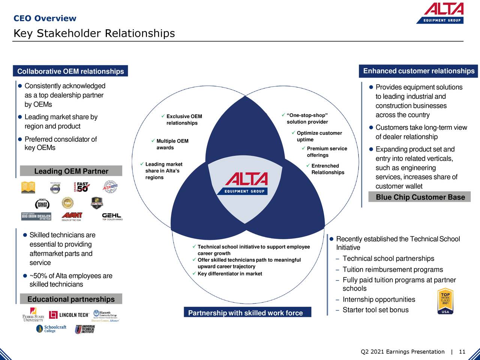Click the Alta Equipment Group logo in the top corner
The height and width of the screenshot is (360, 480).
tap(440, 13)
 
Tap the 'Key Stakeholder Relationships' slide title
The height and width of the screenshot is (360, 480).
tap(94, 33)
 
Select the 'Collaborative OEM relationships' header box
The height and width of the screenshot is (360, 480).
tap(70, 71)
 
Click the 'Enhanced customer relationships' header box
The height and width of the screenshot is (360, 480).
tap(418, 71)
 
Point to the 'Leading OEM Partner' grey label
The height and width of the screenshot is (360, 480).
tap(71, 171)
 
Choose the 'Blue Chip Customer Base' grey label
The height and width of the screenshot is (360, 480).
tap(420, 197)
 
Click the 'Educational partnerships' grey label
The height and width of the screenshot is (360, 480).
tap(71, 299)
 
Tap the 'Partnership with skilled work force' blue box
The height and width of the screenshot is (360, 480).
tap(246, 313)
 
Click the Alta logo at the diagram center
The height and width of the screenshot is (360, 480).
tap(246, 183)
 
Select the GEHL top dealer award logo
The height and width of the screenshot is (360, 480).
tap(112, 217)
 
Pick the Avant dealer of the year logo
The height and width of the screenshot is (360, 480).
tap(72, 217)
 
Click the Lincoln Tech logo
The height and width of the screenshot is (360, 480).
tap(69, 315)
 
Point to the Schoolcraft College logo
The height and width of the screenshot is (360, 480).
tap(51, 329)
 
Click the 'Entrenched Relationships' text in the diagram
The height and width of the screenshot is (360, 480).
tap(327, 169)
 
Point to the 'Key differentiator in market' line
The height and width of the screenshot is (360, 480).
tap(229, 273)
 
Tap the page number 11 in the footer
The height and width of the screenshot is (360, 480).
tap(462, 352)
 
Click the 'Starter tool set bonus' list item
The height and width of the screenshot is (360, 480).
tap(375, 310)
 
